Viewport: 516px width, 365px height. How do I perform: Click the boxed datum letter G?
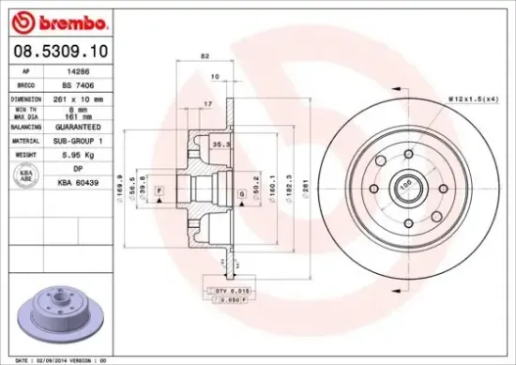click(x=241, y=193)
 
